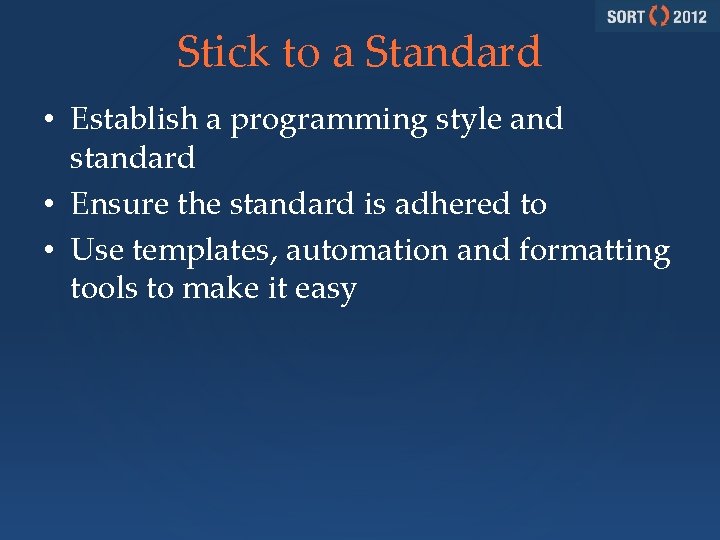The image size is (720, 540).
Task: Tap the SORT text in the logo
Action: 625,17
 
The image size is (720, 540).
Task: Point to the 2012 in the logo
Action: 689,17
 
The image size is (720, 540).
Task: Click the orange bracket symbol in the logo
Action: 659,17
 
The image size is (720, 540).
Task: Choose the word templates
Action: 204,250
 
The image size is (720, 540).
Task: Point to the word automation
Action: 368,249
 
